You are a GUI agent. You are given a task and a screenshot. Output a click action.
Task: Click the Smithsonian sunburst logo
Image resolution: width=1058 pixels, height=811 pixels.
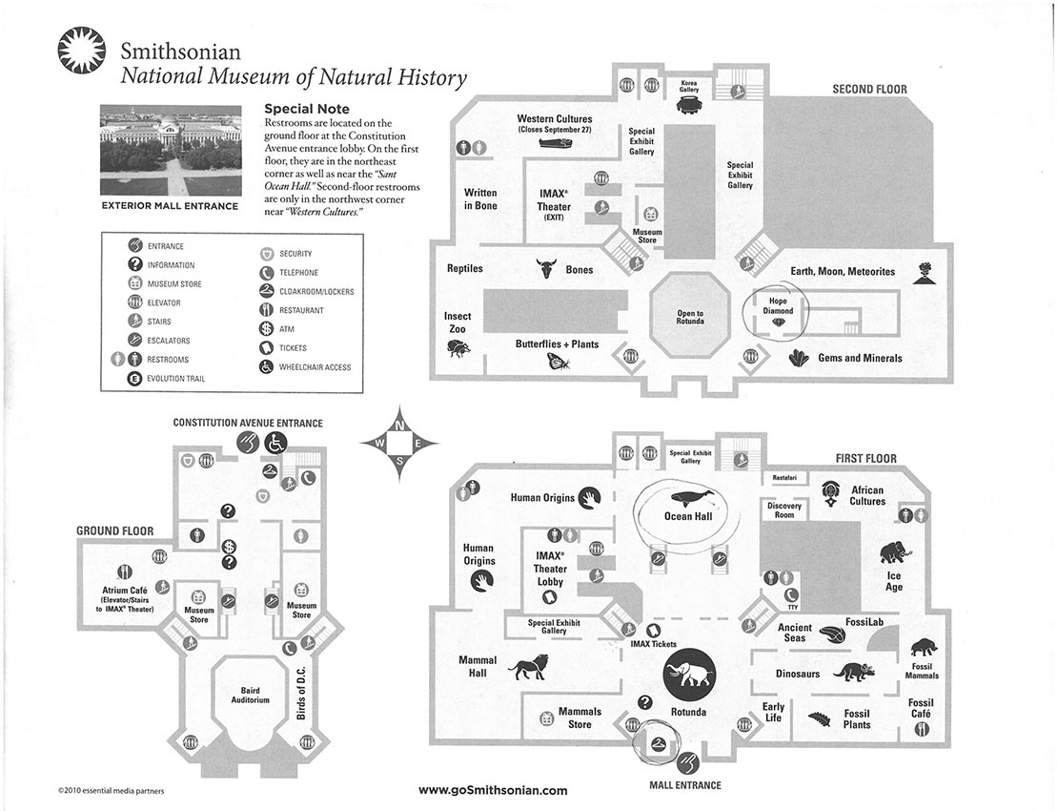click(x=82, y=50)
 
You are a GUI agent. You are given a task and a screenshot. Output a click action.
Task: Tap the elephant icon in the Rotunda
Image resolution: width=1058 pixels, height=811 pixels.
click(x=689, y=674)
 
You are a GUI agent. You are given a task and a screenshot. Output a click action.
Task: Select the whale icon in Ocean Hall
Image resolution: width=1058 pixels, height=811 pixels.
click(x=688, y=498)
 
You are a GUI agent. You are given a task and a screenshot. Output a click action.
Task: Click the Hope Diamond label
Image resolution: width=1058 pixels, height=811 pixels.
click(x=778, y=306)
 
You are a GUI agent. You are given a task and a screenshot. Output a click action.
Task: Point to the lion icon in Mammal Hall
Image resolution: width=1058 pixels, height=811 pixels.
click(x=529, y=669)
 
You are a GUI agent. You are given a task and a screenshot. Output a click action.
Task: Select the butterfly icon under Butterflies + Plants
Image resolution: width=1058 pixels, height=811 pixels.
click(x=560, y=362)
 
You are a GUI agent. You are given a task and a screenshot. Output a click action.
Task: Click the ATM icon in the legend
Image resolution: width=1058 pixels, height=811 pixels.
click(x=266, y=329)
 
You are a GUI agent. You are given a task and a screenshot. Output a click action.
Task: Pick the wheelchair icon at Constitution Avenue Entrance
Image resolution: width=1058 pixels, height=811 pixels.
click(x=275, y=443)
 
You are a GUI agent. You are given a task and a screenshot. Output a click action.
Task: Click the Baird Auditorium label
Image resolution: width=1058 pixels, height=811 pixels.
click(x=251, y=695)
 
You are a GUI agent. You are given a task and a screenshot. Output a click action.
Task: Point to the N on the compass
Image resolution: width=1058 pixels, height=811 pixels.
click(x=399, y=426)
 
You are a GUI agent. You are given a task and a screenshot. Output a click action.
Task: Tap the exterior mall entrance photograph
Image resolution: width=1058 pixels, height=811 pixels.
click(x=170, y=150)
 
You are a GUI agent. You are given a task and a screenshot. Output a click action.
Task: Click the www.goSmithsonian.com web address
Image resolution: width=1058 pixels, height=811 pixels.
click(x=493, y=790)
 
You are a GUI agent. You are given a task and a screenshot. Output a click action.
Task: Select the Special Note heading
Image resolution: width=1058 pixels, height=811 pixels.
click(x=307, y=109)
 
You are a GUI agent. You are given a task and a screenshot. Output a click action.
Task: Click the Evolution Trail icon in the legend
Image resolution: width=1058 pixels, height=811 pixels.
click(x=134, y=378)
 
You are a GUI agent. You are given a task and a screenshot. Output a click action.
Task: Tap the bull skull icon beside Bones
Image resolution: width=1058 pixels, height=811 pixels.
click(x=546, y=268)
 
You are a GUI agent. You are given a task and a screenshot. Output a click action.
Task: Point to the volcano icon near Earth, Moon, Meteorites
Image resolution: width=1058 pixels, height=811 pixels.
click(x=922, y=272)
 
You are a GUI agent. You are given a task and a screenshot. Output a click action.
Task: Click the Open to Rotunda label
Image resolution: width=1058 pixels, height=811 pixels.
click(x=690, y=317)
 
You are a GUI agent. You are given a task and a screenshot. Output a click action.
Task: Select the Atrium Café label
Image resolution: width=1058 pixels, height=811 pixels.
click(x=125, y=590)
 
